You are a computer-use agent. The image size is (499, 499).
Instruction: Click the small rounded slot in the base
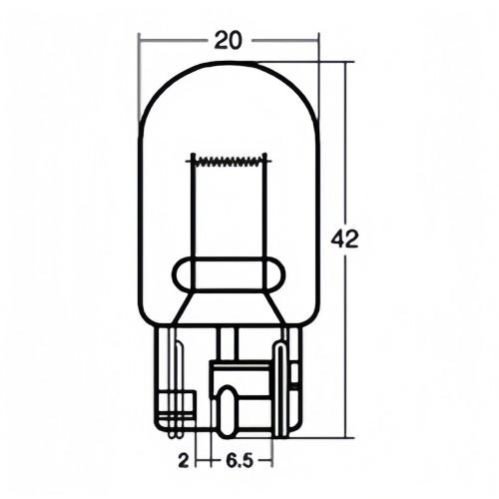(x=228, y=409)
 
